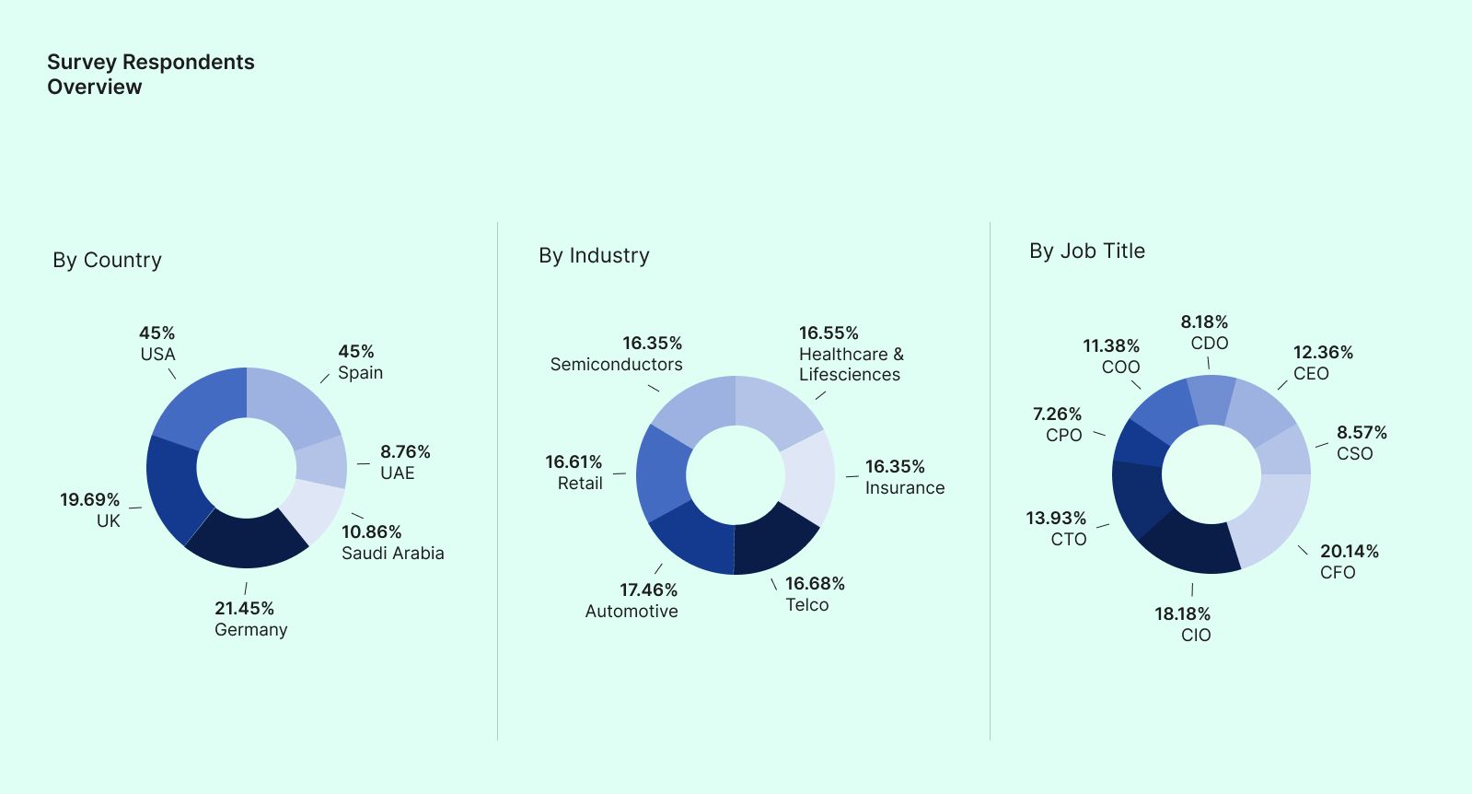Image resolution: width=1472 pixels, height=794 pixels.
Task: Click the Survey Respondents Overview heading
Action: point(150,74)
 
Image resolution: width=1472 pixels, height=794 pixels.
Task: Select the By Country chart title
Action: point(107,260)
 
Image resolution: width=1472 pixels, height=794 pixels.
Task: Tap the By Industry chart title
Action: point(594,255)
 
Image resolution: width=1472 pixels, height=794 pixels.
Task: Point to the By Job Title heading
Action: point(1086,251)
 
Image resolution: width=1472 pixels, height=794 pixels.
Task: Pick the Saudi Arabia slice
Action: point(312,509)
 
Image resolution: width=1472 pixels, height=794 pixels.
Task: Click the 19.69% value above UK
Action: point(89,499)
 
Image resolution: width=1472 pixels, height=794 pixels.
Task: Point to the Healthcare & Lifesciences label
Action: point(851,364)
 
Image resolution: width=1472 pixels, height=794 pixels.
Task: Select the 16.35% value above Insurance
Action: point(895,466)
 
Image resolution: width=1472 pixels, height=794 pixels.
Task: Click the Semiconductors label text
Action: point(616,364)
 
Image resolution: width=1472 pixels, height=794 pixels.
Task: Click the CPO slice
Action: point(1139,443)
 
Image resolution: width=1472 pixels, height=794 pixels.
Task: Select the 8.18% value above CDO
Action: point(1204,321)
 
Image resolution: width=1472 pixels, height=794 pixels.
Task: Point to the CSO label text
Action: point(1354,453)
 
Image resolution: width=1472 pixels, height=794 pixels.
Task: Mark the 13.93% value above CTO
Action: point(1056,518)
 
